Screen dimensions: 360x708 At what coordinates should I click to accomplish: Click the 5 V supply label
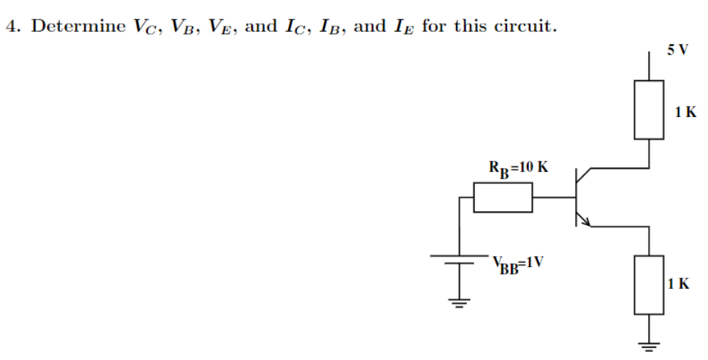[676, 49]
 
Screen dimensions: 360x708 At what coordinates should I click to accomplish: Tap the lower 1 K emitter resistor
[649, 284]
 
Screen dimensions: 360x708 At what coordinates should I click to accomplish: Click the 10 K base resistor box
[503, 198]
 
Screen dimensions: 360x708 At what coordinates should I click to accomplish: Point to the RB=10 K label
[518, 166]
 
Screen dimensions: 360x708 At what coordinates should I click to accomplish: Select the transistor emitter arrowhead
[586, 220]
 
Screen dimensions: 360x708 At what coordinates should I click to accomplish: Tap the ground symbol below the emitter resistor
[649, 346]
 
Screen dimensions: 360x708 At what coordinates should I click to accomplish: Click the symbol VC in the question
[146, 27]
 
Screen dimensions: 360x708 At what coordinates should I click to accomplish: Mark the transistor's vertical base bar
[576, 198]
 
